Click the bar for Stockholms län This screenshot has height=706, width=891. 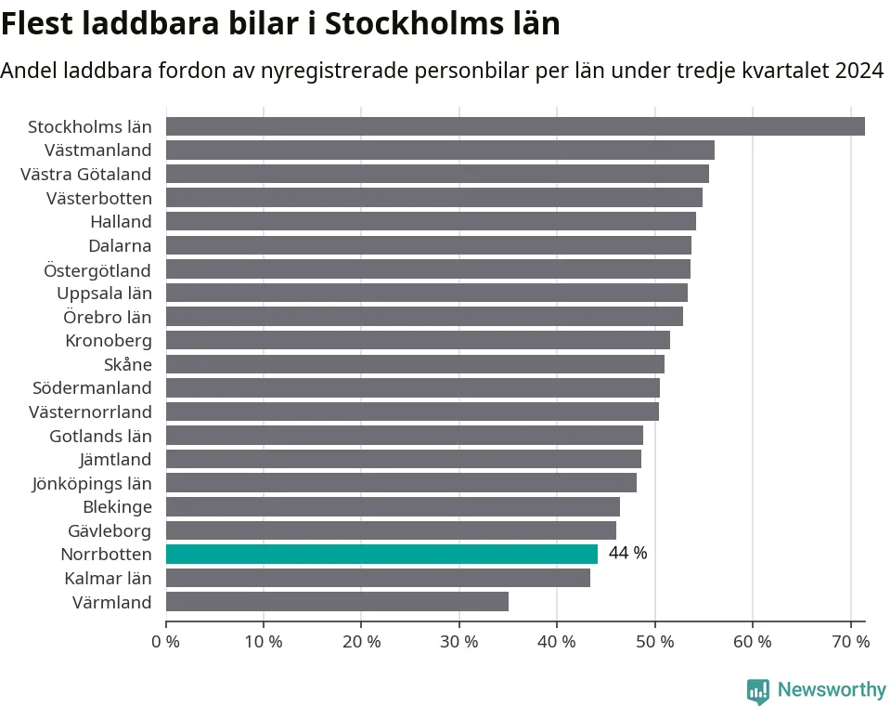tap(515, 126)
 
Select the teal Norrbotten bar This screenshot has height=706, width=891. tap(381, 554)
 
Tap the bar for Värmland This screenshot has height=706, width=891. tap(337, 602)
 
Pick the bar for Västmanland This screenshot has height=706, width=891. tap(440, 150)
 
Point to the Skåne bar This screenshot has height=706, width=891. tap(415, 364)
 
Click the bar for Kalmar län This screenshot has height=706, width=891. tap(378, 578)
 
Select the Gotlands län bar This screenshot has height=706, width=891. tap(405, 435)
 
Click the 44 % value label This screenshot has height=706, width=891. tap(627, 554)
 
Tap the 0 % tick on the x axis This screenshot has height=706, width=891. tap(166, 641)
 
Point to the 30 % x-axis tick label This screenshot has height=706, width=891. tap(458, 641)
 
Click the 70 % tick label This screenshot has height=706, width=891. tap(849, 641)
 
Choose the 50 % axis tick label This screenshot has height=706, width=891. tap(654, 641)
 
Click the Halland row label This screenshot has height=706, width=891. tap(121, 221)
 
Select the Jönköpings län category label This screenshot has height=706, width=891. tap(92, 483)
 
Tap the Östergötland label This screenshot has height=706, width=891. tap(97, 269)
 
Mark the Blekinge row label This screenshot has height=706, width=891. tap(117, 506)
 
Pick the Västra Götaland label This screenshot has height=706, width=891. tap(86, 174)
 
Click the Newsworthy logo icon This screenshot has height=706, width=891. tap(758, 691)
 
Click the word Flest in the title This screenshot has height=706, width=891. tap(36, 24)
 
